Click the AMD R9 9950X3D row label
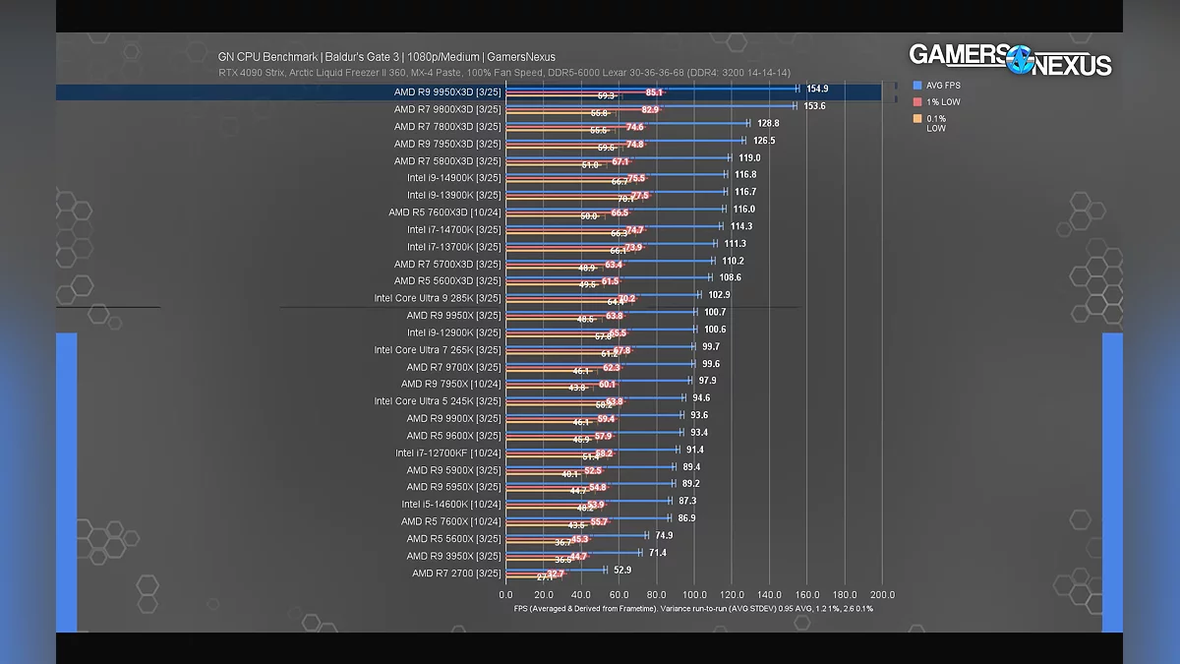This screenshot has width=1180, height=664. click(x=446, y=91)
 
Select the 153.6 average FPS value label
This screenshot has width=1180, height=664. click(x=814, y=106)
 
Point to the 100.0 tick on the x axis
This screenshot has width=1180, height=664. click(x=694, y=595)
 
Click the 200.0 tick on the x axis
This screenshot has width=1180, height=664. click(x=882, y=595)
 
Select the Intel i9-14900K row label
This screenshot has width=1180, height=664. click(x=453, y=177)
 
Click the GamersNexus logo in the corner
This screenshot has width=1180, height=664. click(x=1010, y=59)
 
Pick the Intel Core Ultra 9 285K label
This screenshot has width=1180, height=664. click(x=437, y=298)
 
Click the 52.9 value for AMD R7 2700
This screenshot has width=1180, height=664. click(x=621, y=571)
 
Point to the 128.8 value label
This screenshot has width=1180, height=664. click(x=768, y=124)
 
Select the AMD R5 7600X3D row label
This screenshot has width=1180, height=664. click(x=444, y=212)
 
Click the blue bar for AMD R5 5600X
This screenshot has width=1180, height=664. click(x=575, y=535)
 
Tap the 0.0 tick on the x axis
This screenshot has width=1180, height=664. click(x=505, y=595)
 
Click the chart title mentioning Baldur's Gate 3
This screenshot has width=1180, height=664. click(x=386, y=57)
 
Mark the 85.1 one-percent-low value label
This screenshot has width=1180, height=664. click(x=654, y=92)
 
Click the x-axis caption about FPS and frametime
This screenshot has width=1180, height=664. click(x=693, y=609)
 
